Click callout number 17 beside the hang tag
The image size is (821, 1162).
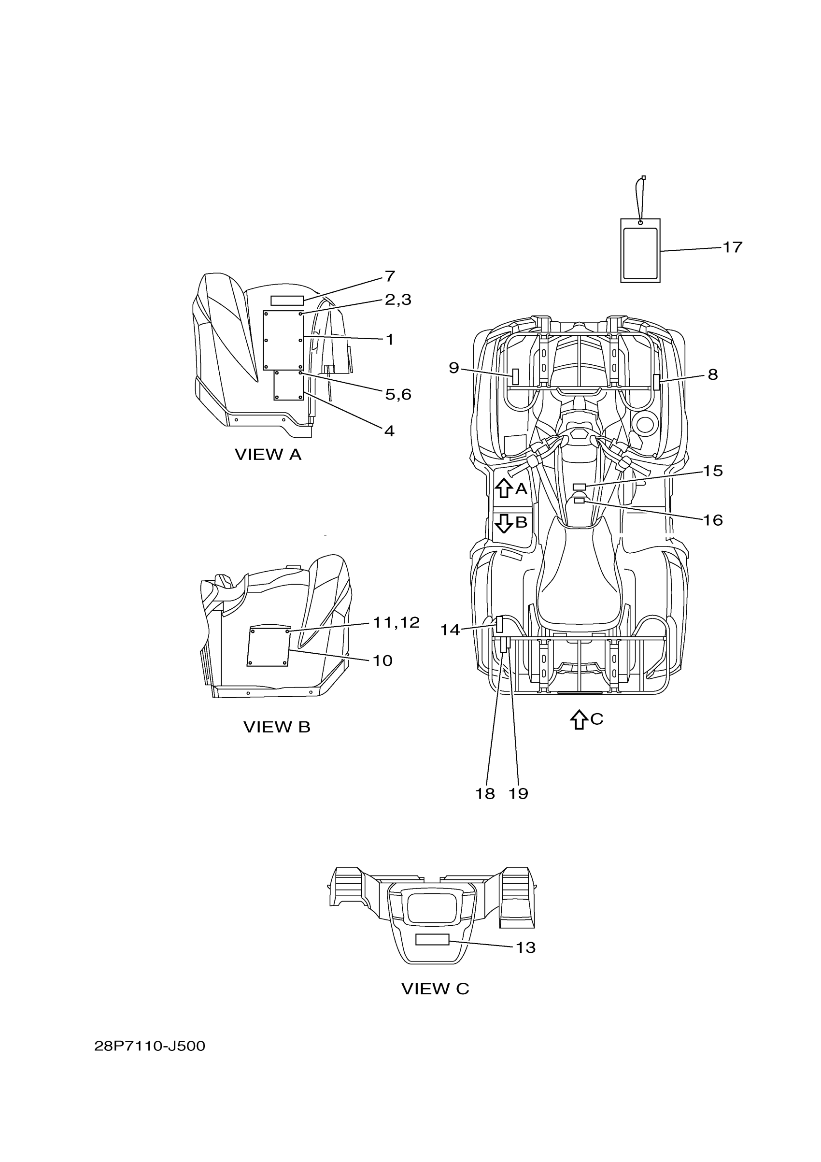pos(732,247)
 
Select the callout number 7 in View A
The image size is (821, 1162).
pos(390,276)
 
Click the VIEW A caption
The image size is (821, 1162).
pos(268,455)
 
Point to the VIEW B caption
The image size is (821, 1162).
pos(277,727)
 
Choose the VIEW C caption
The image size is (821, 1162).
pos(435,989)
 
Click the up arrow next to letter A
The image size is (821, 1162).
pos(503,488)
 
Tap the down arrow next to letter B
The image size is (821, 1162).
pos(503,523)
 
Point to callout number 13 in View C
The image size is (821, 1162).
pos(525,947)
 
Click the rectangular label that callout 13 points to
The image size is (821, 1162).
pos(432,939)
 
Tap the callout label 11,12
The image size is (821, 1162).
pos(396,622)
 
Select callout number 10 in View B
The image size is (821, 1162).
pos(382,660)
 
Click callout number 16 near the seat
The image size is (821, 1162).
pos(713,520)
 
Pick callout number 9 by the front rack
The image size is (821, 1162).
pos(454,368)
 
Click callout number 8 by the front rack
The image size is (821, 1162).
pos(712,374)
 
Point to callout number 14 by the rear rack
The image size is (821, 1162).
pos(450,630)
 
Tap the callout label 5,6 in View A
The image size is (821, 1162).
pos(398,394)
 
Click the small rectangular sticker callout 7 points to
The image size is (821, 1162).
pos(287,301)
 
